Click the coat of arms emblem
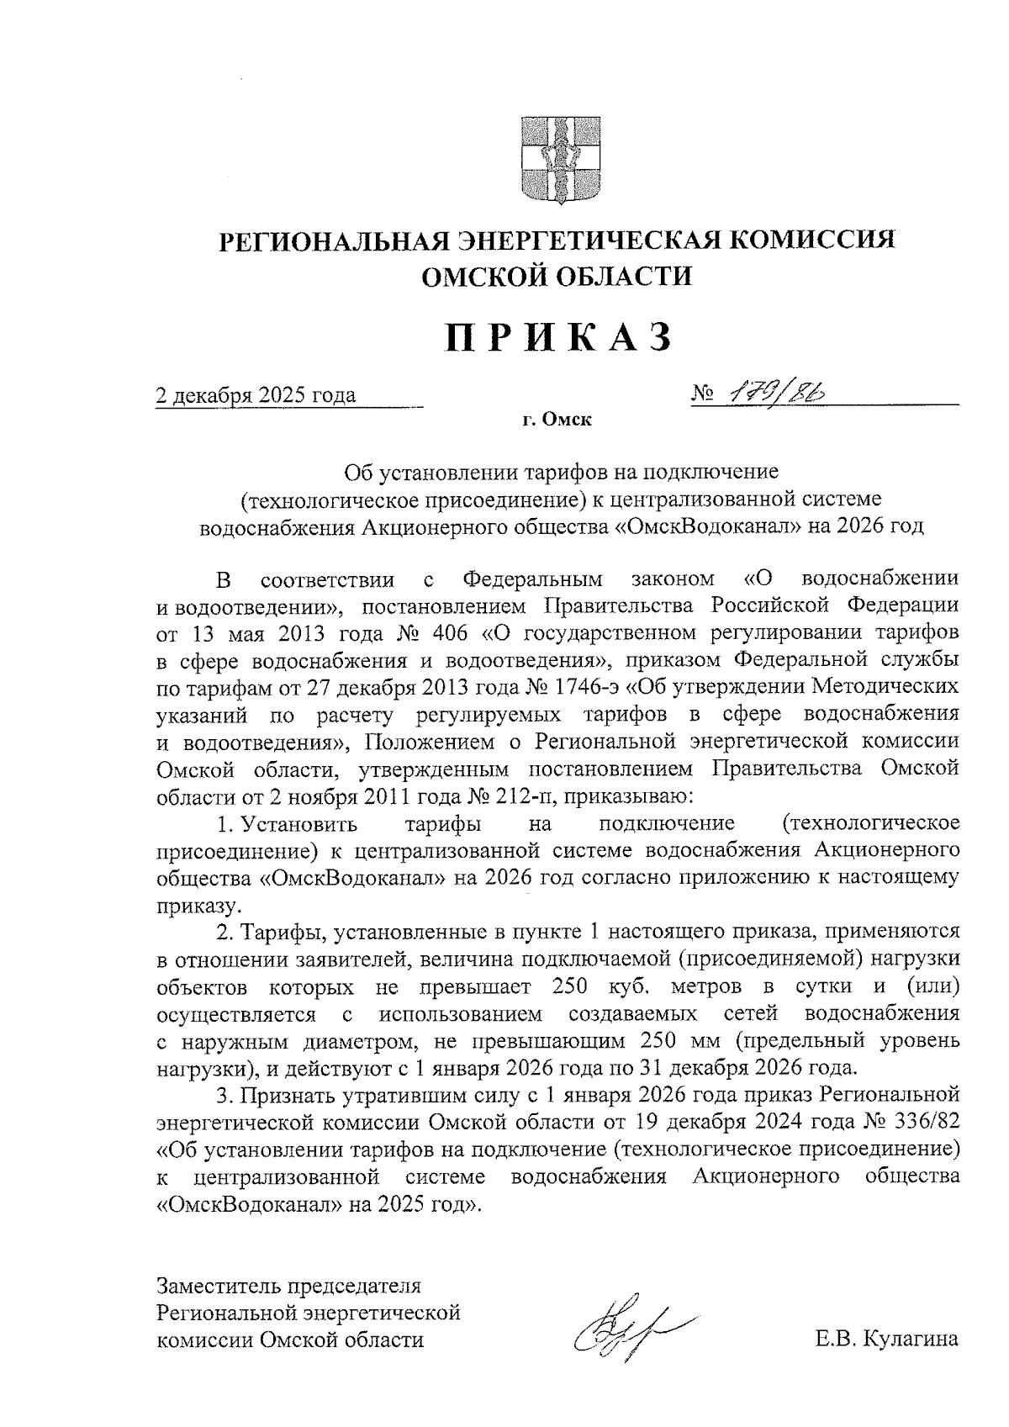554,159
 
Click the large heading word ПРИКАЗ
557,337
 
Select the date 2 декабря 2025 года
256,395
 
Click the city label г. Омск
556,420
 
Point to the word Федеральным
534,579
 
